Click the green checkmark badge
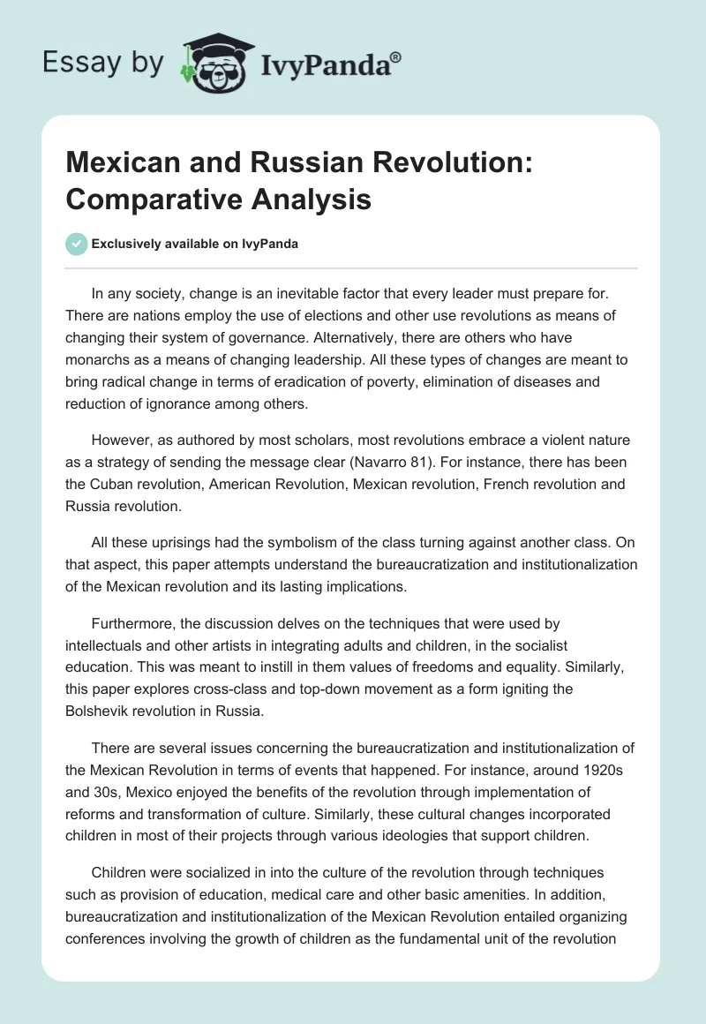(x=76, y=244)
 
